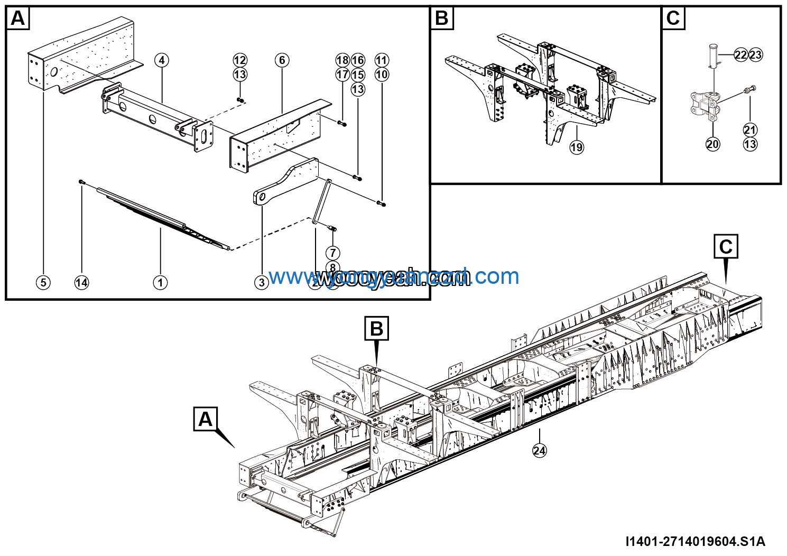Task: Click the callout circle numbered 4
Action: [162, 60]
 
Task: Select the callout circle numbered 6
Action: [282, 60]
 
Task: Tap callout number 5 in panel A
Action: [43, 283]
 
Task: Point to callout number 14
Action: [81, 283]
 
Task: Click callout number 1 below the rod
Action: [160, 283]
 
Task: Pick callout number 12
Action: [240, 60]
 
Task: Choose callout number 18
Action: [342, 60]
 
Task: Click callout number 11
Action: [382, 60]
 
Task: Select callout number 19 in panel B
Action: [577, 147]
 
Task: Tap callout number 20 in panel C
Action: [713, 144]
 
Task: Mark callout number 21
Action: [750, 130]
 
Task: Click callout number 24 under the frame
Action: [539, 450]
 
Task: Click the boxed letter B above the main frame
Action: [376, 329]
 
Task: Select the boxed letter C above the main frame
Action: [726, 247]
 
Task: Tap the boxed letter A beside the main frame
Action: [205, 419]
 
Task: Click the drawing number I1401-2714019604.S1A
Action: [695, 541]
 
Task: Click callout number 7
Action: [332, 253]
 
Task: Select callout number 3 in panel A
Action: [262, 283]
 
